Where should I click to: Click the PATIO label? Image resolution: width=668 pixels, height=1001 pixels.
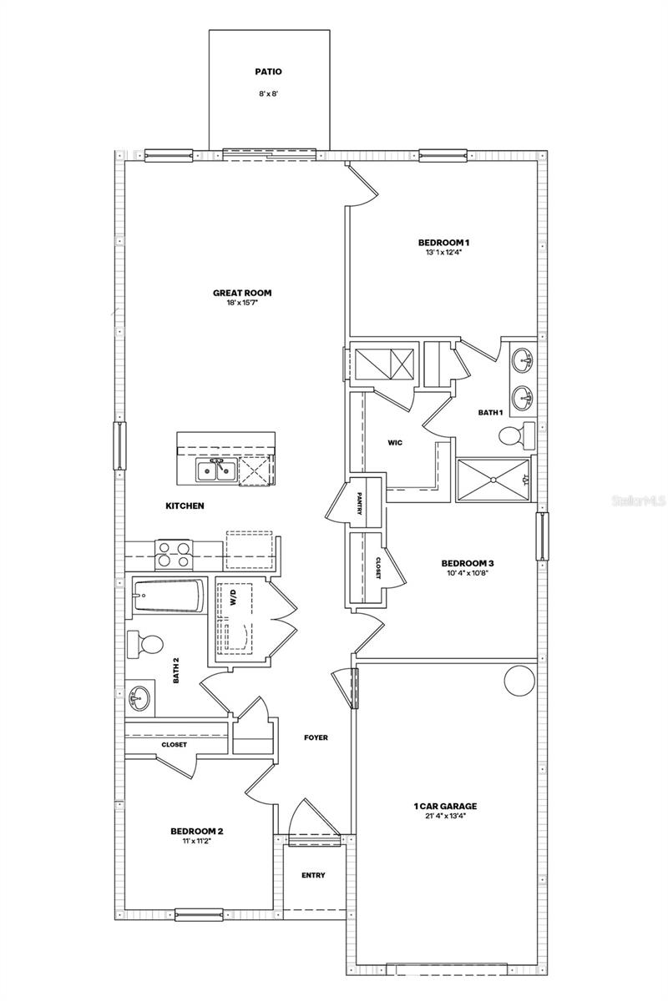click(269, 72)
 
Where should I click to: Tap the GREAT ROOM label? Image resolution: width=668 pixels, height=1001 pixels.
click(242, 293)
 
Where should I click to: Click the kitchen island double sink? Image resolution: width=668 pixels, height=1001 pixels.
click(214, 471)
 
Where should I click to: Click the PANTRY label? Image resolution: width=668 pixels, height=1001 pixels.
click(358, 505)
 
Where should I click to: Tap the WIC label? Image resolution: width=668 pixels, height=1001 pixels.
click(395, 442)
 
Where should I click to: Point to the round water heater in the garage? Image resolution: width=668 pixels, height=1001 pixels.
click(518, 681)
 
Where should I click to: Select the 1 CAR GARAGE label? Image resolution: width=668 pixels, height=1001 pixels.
click(445, 807)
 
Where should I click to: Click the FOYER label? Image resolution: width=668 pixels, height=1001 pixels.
click(316, 737)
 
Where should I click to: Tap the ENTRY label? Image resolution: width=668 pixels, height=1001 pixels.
click(313, 875)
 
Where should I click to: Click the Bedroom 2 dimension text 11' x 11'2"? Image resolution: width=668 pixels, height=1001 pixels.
click(196, 841)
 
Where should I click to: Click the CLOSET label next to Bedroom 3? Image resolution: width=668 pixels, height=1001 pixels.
click(377, 568)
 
